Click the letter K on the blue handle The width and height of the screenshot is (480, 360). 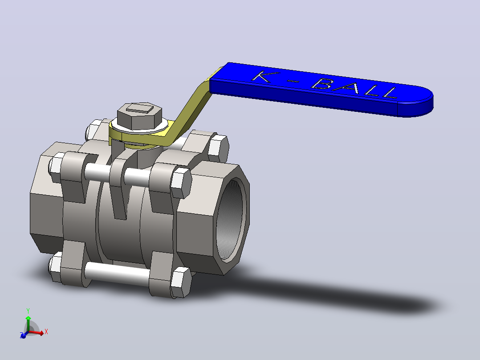(x=264, y=77)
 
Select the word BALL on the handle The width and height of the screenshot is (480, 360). (x=354, y=88)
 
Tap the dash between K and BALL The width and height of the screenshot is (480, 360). (x=293, y=81)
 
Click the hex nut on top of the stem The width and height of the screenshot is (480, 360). (x=140, y=116)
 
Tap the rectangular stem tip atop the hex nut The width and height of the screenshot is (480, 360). (x=140, y=108)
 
